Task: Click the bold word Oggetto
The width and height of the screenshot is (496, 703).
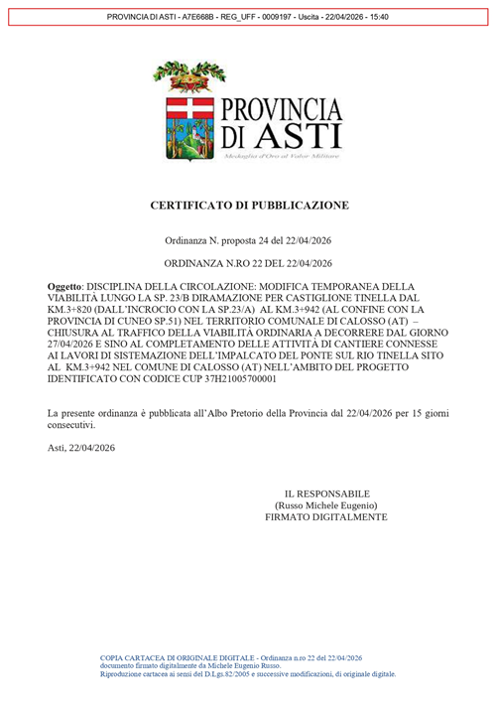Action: [x=67, y=286]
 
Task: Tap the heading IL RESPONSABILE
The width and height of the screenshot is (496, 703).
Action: [x=326, y=492]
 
